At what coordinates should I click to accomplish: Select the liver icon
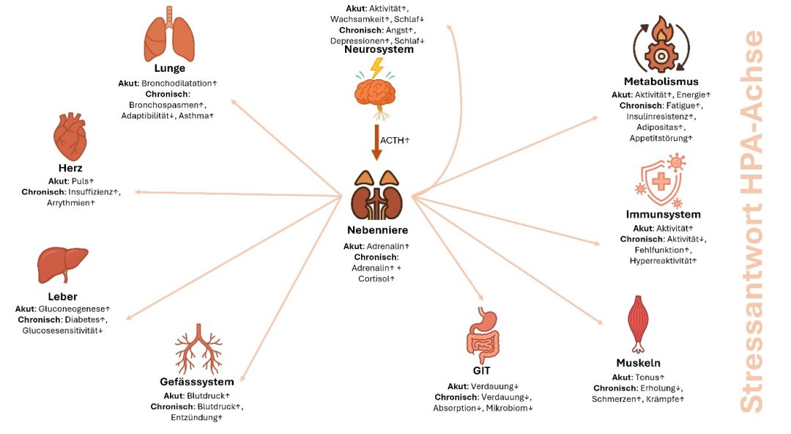62,265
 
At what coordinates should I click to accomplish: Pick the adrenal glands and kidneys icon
376,194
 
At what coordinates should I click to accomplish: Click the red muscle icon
638,323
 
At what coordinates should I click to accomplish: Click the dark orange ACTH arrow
376,141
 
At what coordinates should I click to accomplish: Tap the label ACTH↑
395,139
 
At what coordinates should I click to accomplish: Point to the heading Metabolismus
661,81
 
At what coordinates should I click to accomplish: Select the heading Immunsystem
664,215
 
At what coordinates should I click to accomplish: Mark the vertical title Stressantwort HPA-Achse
751,220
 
